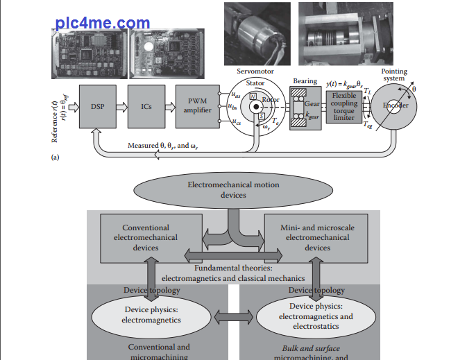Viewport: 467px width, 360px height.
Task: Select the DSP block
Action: click(97, 106)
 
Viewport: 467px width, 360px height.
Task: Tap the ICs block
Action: click(146, 106)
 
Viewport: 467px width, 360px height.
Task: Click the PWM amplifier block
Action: click(197, 106)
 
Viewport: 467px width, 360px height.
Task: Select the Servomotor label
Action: click(255, 71)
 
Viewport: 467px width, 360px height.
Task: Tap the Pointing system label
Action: click(394, 74)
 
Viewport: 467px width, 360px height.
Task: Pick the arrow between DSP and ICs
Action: click(122, 106)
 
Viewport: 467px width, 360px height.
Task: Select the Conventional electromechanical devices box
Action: click(146, 237)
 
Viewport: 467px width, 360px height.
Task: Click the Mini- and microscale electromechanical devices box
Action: click(317, 237)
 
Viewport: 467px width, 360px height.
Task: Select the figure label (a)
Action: click(56, 157)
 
